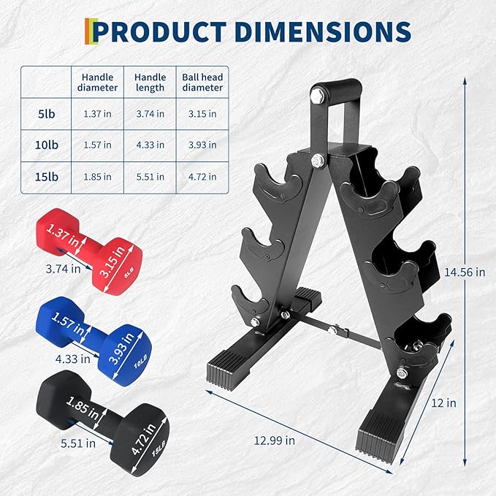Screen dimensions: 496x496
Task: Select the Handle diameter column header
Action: (x=98, y=82)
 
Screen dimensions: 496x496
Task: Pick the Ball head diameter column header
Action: (x=202, y=82)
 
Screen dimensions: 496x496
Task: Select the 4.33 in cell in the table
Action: (x=150, y=145)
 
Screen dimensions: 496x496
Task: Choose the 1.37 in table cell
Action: (x=98, y=114)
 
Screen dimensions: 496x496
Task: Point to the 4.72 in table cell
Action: (x=202, y=176)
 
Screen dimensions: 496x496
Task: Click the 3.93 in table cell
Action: (x=202, y=145)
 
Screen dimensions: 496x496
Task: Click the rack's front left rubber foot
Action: (x=232, y=361)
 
